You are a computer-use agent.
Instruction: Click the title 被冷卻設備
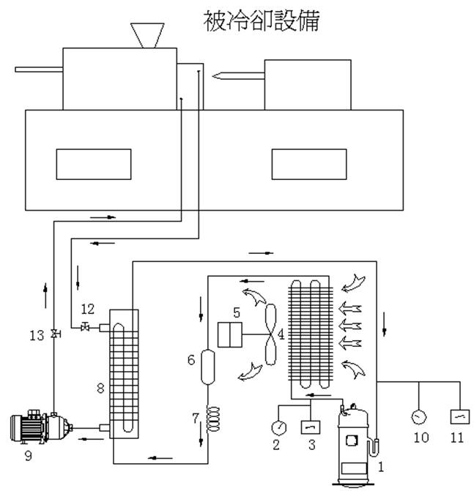261,20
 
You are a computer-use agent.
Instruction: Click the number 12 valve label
88,308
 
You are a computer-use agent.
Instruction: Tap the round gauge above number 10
419,417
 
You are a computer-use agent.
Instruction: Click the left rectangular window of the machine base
94,164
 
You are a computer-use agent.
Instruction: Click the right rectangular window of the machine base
308,164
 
